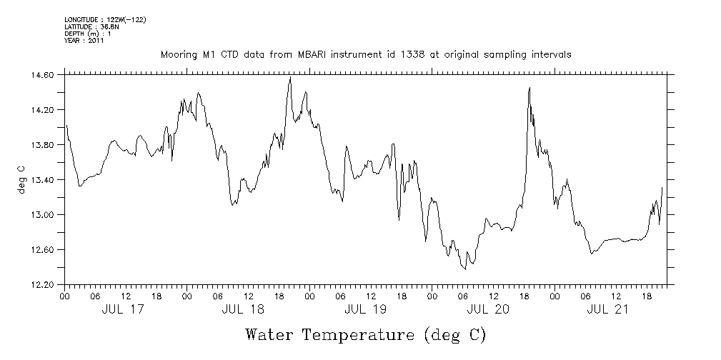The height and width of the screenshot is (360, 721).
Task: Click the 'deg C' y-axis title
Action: pos(22,180)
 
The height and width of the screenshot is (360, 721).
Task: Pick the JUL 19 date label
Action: pos(365,309)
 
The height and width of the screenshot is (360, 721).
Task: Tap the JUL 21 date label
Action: pos(608,309)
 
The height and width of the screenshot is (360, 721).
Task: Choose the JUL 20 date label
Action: pos(487,309)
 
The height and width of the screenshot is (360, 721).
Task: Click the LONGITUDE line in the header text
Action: pos(105,19)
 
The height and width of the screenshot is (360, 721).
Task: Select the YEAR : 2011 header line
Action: pos(84,41)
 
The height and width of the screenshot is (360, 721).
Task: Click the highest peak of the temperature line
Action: pos(290,77)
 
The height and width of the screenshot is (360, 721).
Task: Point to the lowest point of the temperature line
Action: pos(464,269)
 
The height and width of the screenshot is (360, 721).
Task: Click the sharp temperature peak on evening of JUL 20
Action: pos(529,88)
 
